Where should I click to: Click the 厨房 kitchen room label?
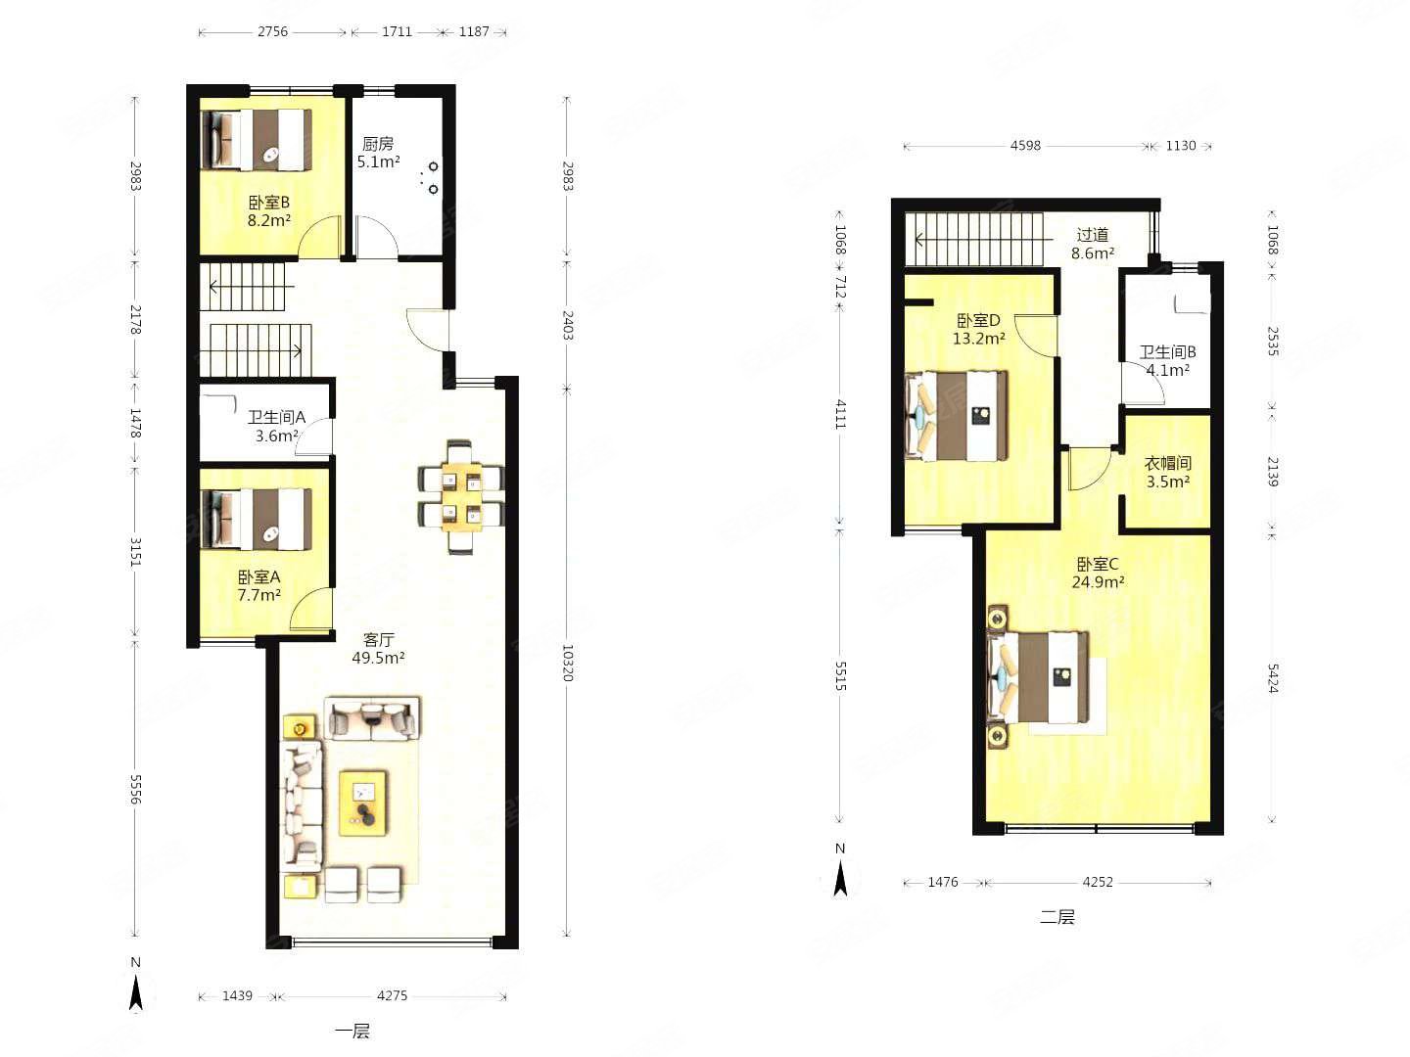(x=378, y=144)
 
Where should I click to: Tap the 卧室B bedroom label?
(x=269, y=203)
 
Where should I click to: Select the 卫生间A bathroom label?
(x=277, y=418)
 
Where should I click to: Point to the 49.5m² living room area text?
(x=378, y=658)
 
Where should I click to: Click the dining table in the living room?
(x=460, y=496)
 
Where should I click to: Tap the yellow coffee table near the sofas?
(x=363, y=803)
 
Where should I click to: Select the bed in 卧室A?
(x=257, y=519)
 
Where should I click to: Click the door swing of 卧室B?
(x=319, y=237)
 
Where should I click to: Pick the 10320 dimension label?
(x=567, y=663)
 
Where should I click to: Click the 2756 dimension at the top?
(x=273, y=31)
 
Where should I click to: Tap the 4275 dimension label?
(x=392, y=995)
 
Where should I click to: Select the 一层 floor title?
(x=352, y=1032)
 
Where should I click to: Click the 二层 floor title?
(x=1057, y=916)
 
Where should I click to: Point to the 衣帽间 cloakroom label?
(x=1168, y=463)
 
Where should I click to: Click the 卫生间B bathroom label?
(x=1168, y=352)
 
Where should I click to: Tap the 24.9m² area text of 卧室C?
(x=1098, y=582)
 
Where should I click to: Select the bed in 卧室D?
(x=956, y=415)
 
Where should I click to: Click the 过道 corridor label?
(x=1093, y=235)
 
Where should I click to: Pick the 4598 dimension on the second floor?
(x=1025, y=146)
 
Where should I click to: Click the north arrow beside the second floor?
(x=840, y=879)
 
